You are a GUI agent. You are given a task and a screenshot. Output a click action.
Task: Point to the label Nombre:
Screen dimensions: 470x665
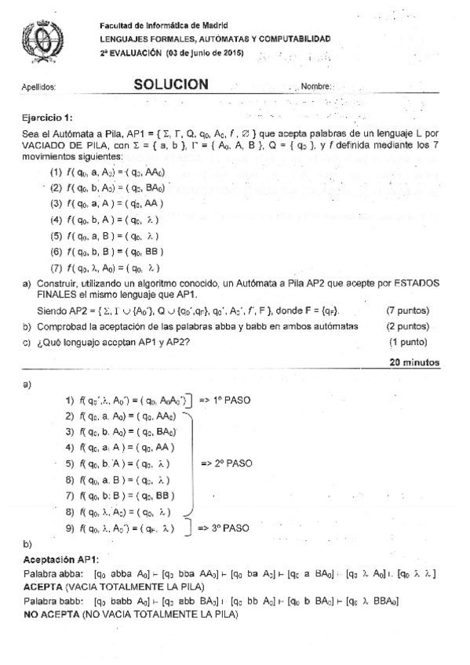[x=318, y=87]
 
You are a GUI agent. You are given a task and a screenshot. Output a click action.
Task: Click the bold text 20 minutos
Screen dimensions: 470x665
[x=415, y=362]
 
